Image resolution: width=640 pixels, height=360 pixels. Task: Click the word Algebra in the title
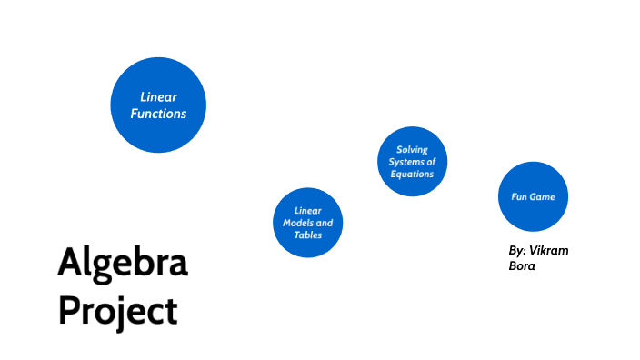point(123,263)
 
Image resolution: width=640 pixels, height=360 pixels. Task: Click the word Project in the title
point(117,311)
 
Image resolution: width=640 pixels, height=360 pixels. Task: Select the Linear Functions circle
point(158,105)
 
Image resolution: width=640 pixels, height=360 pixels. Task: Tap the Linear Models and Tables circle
point(308,223)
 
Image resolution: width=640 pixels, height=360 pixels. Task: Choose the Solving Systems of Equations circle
point(412,161)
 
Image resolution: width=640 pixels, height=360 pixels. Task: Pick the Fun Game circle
point(533,196)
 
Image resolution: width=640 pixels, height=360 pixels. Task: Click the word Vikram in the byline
point(549,250)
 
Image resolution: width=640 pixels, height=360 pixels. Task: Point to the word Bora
point(523,266)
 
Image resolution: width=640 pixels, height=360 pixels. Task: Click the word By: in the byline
point(517,250)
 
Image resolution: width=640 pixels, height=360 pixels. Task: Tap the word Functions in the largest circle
point(158,114)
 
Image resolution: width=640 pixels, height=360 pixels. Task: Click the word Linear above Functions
point(158,96)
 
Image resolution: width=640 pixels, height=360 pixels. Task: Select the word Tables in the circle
point(308,235)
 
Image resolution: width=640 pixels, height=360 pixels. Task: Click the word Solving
point(412,150)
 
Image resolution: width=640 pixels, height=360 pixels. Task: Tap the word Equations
point(412,174)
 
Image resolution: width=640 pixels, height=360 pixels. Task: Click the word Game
point(543,196)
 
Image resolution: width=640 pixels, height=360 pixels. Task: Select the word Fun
point(519,196)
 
